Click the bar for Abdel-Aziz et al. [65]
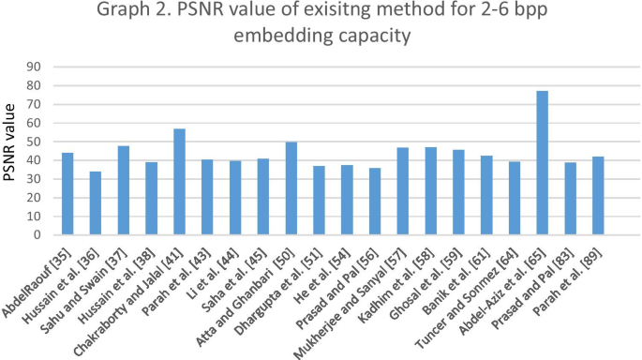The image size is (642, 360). tap(542, 163)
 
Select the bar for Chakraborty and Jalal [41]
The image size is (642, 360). tap(179, 182)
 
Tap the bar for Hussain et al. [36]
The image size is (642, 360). tap(95, 203)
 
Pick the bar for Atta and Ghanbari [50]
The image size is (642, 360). tap(291, 188)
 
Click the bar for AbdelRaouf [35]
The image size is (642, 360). tap(67, 194)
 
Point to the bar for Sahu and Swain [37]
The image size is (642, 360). tap(123, 190)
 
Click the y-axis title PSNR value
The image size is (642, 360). tap(13, 150)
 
